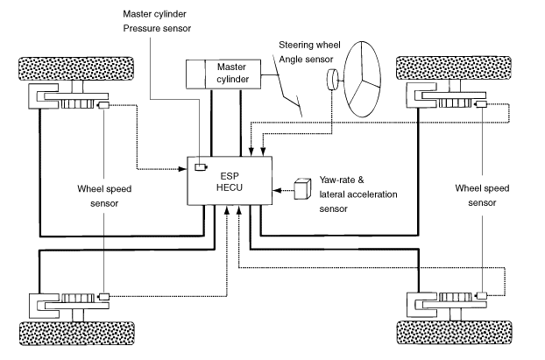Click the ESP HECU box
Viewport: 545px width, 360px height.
tap(230, 180)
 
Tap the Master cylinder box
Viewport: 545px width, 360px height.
tap(223, 74)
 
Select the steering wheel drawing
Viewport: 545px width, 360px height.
tap(362, 79)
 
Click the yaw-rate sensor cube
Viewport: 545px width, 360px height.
tap(302, 189)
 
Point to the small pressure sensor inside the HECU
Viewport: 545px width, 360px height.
tap(201, 167)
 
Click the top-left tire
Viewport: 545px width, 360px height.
tap(75, 69)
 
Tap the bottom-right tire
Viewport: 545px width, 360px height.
tap(454, 333)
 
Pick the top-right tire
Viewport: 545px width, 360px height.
tap(454, 68)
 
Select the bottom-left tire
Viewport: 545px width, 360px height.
tap(76, 333)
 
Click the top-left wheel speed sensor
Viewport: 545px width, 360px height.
tap(104, 105)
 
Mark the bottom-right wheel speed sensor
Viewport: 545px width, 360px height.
tap(481, 296)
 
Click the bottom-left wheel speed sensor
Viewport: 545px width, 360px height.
tap(104, 297)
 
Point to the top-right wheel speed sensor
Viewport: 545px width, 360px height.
tap(481, 104)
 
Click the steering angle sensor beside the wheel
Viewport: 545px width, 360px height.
tap(333, 80)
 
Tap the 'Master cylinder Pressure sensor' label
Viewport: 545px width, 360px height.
tap(157, 21)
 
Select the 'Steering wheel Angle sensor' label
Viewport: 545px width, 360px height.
tap(309, 53)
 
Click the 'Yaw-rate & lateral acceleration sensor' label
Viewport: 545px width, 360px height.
tap(358, 194)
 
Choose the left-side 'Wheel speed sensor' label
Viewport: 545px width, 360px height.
tap(104, 196)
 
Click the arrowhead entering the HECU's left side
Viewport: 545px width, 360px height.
tap(183, 169)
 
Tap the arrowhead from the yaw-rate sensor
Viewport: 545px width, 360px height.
tap(277, 190)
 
